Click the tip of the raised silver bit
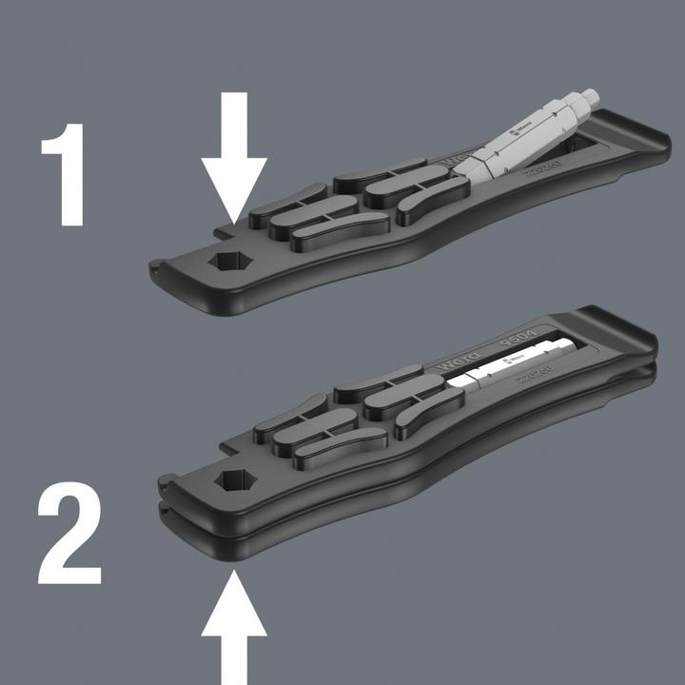pos(591,94)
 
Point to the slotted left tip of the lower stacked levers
pos(166,496)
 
